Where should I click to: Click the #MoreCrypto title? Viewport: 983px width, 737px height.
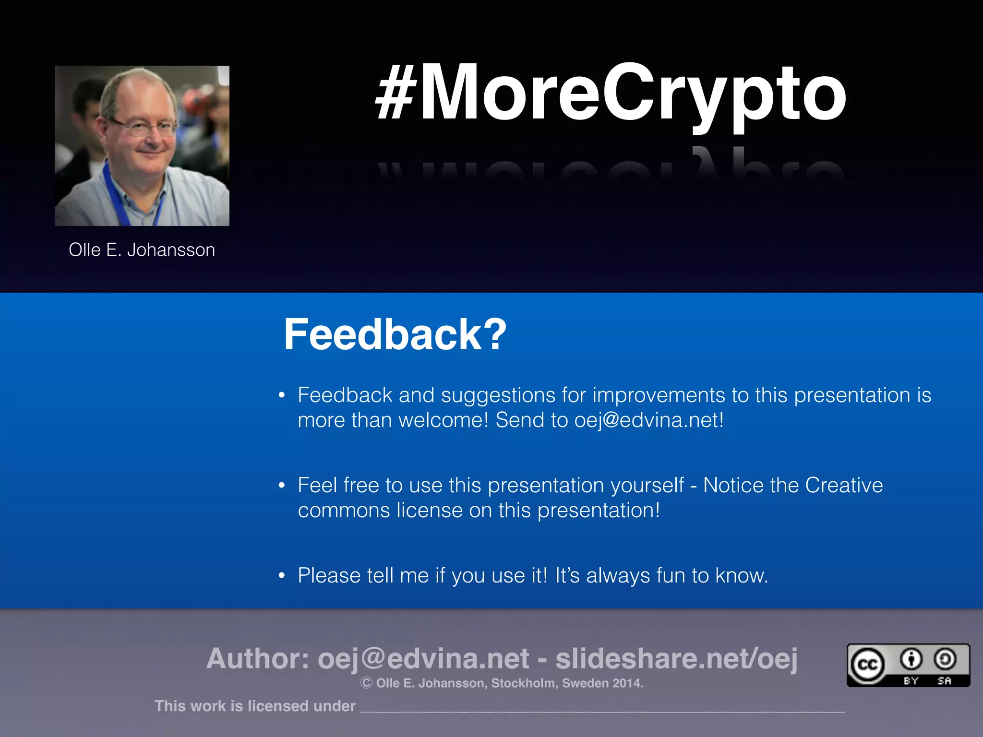611,93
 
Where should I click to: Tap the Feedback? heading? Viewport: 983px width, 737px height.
395,334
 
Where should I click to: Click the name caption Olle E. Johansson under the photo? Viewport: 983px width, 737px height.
142,250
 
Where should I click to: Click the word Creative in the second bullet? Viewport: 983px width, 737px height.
844,486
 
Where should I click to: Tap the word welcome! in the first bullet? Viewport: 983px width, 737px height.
444,420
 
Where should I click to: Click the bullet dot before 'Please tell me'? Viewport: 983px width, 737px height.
282,575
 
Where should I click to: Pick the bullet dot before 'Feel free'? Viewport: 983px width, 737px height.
282,486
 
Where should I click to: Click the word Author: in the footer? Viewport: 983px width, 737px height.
258,658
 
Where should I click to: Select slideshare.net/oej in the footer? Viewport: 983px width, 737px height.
676,658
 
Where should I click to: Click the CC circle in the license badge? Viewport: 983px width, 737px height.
867,665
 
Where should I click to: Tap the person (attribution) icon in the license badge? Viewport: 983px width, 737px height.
911,659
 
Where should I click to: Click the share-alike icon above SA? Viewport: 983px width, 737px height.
945,659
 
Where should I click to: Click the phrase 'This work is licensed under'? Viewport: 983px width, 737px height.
255,706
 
